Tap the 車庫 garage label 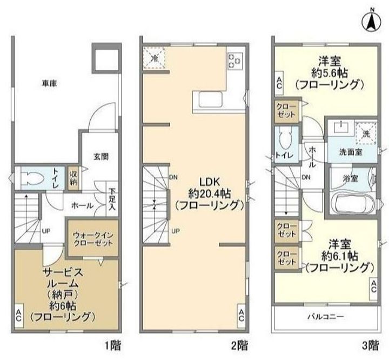(49, 83)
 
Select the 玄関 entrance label (101, 156)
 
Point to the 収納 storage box (73, 178)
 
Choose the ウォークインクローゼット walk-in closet (93, 238)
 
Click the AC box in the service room (18, 315)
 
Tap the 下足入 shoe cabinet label (112, 199)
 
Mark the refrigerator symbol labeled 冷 (155, 58)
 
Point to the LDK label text (210, 182)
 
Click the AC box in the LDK (241, 315)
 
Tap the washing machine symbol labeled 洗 (366, 134)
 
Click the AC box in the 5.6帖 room (279, 83)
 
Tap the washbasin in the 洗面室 (341, 128)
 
